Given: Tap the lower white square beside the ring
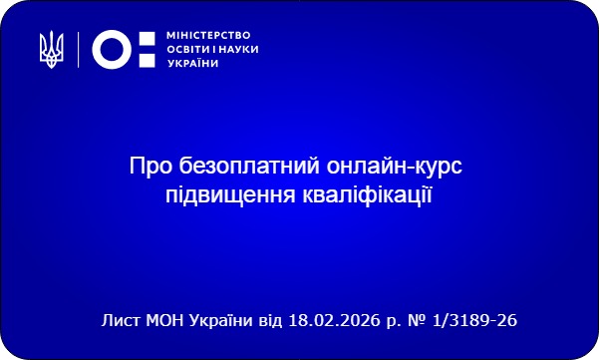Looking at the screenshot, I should point(147,58).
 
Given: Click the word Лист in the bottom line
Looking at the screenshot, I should point(120,321).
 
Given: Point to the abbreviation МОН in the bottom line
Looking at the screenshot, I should point(165,321).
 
